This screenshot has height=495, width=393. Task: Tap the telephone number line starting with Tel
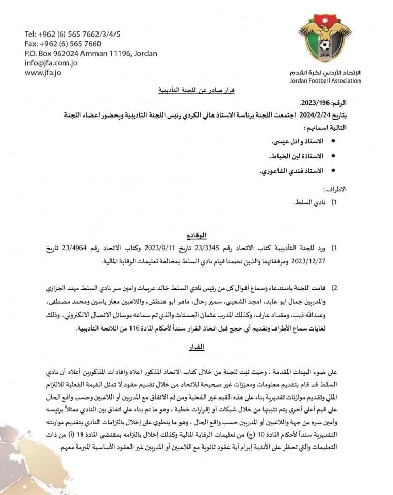click(x=72, y=34)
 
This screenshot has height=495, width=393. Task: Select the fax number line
click(x=63, y=44)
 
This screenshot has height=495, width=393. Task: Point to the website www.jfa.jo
click(x=43, y=73)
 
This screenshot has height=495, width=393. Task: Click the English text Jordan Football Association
click(x=326, y=81)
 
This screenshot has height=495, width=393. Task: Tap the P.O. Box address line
click(x=91, y=53)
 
